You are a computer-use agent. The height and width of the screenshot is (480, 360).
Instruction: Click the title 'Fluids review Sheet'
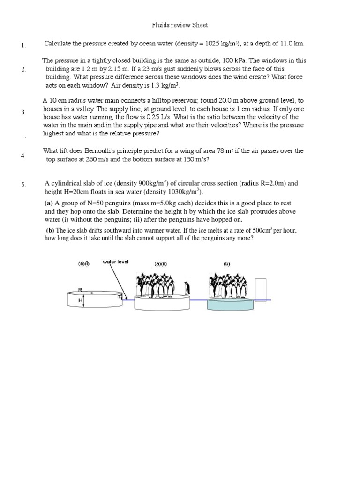(x=180, y=25)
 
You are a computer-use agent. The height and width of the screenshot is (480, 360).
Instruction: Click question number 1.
(x=23, y=45)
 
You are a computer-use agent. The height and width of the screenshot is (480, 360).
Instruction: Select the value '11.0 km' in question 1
(x=292, y=44)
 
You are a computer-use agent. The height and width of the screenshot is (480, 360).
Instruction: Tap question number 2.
(x=23, y=69)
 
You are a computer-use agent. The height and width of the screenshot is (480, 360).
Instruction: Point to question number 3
(x=23, y=112)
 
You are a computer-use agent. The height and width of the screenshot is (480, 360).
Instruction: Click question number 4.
(x=23, y=156)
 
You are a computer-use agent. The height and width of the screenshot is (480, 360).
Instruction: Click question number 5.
(x=23, y=185)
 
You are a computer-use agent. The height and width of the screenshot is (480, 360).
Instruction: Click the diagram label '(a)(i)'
(x=84, y=264)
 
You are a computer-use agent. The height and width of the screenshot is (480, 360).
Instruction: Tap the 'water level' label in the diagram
(x=116, y=262)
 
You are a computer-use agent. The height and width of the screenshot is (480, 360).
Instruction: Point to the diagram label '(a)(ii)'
(x=161, y=264)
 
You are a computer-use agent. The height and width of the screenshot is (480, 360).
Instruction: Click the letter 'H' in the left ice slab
(x=80, y=300)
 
